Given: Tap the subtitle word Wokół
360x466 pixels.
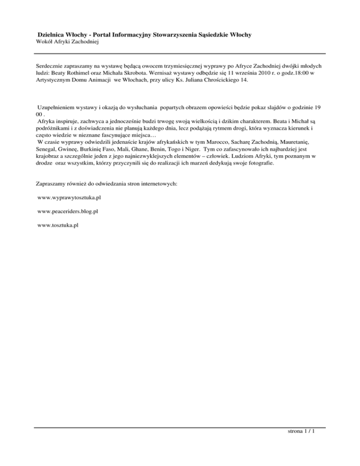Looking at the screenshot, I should coord(45,42).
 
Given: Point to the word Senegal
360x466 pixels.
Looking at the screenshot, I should coord(48,148).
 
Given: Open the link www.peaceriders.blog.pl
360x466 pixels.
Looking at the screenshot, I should coord(67,211).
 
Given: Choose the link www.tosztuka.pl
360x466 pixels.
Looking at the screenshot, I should coord(58,225).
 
